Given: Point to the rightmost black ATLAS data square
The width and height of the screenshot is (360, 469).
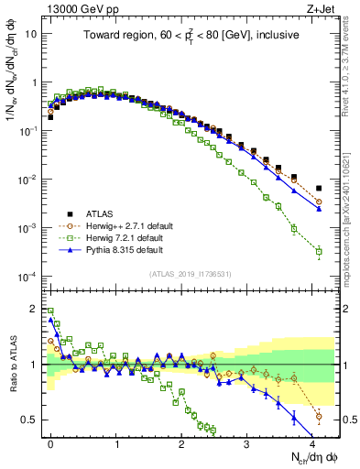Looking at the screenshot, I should point(319,189).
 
